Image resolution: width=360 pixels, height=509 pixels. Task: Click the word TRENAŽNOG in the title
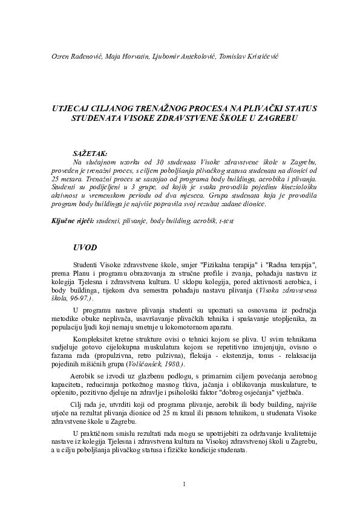[x=166, y=108]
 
